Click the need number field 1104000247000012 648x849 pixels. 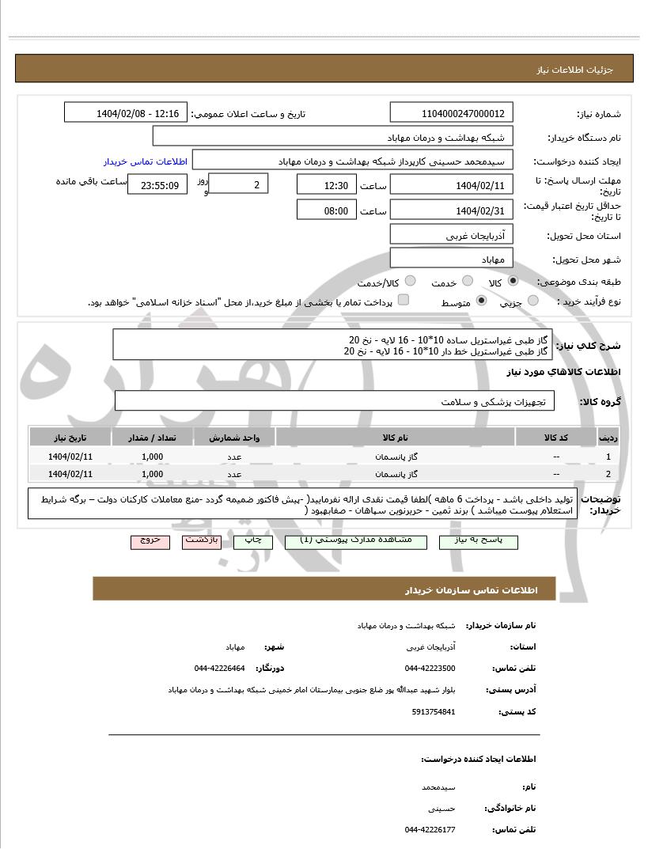click(452, 113)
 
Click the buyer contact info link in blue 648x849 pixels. click(146, 161)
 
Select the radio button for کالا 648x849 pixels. click(513, 281)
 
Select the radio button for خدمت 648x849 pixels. click(468, 281)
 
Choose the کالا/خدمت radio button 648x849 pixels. click(410, 281)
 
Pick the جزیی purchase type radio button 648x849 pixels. click(532, 301)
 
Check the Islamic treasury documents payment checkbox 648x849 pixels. click(403, 301)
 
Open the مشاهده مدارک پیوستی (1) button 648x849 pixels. click(366, 541)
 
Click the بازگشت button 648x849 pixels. click(203, 541)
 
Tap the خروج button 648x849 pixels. click(150, 541)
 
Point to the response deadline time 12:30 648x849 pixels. click(327, 185)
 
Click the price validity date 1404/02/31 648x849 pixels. click(452, 210)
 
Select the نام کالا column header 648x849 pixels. click(394, 438)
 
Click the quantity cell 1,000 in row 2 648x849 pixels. click(152, 474)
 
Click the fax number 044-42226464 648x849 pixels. click(219, 668)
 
